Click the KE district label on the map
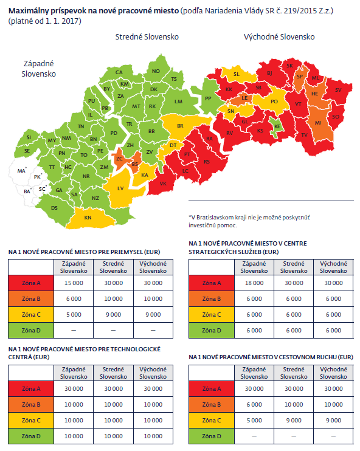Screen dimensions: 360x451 point(277,126)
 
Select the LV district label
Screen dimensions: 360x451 point(120,188)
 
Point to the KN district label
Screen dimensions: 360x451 point(88,218)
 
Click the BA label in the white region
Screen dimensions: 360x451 point(27,191)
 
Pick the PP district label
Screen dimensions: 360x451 point(208,98)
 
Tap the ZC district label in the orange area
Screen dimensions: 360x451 point(119,159)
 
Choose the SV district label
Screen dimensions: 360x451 point(338,90)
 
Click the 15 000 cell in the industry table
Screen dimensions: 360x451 point(74,283)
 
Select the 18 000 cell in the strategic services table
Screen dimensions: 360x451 point(254,283)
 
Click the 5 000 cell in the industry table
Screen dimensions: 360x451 point(74,315)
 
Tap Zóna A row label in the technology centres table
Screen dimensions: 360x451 point(31,389)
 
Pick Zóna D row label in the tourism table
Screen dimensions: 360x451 point(212,436)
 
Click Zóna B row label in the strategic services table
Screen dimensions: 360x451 point(212,299)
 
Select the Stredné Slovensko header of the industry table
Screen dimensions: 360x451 point(113,267)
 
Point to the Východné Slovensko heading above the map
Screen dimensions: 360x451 point(279,37)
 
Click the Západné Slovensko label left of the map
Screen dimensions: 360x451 point(38,69)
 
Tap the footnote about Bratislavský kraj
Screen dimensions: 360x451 point(249,221)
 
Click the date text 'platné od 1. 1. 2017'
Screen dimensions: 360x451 point(45,21)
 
